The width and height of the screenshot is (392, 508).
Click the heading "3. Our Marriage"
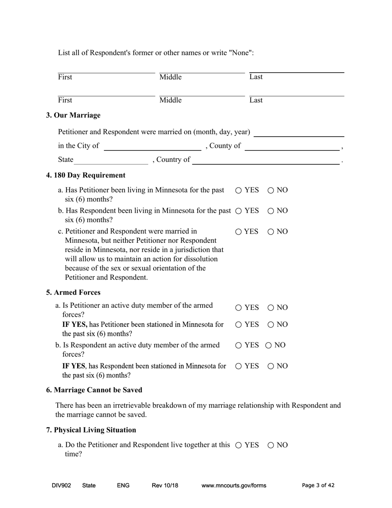tap(73, 115)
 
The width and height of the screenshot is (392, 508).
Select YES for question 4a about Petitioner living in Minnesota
tap(239, 190)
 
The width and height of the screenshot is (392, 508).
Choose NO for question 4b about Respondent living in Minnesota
tap(271, 211)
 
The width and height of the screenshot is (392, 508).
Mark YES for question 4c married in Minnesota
tap(239, 232)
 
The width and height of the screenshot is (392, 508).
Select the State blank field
tap(111, 160)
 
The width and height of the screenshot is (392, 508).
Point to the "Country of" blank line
tap(266, 160)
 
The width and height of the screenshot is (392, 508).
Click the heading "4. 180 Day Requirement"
tap(86, 176)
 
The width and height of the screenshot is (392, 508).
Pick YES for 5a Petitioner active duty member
tap(239, 308)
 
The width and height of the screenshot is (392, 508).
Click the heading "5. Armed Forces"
tap(73, 293)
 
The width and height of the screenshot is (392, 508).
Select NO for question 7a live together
tap(271, 445)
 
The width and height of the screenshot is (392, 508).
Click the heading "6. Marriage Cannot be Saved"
tap(94, 390)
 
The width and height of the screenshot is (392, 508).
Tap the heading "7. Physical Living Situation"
tap(91, 430)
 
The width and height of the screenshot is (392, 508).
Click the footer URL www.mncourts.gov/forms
tap(234, 486)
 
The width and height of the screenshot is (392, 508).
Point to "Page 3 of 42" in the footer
tap(318, 486)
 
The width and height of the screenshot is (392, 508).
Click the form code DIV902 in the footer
tap(61, 486)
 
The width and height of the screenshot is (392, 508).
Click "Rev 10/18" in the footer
tap(165, 486)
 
